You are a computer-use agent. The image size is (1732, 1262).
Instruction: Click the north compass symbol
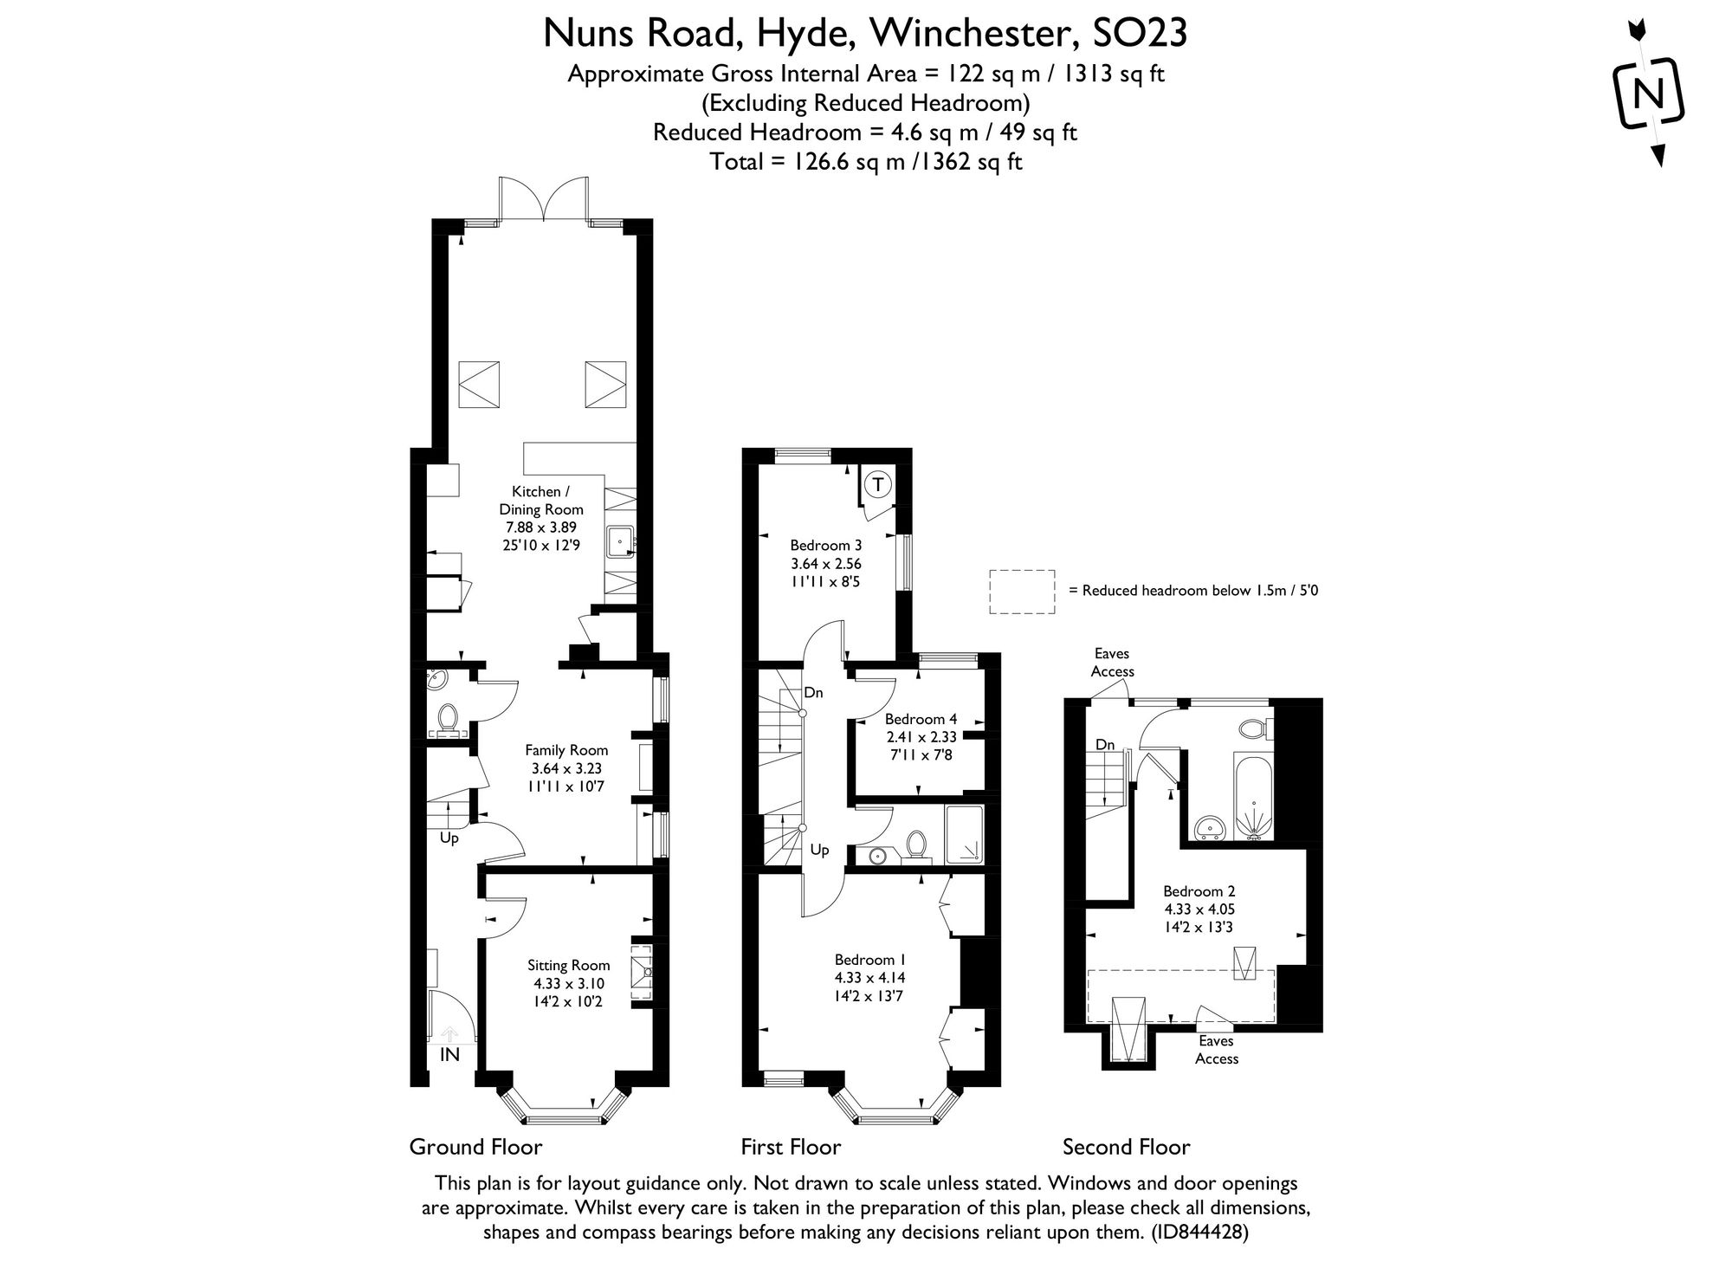click(x=1649, y=93)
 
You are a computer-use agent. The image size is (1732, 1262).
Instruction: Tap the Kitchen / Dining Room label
click(x=541, y=518)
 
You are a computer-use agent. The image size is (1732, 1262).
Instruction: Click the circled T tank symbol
click(x=878, y=484)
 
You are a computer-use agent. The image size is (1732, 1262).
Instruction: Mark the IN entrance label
click(x=449, y=1055)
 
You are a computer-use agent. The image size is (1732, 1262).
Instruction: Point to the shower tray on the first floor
click(x=965, y=834)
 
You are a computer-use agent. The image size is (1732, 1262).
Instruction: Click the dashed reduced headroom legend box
click(x=1022, y=592)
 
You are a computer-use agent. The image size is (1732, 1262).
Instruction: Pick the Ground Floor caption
click(x=475, y=1147)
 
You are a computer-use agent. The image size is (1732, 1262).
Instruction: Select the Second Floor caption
click(x=1126, y=1147)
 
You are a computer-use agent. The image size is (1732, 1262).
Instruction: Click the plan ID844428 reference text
click(x=1199, y=1232)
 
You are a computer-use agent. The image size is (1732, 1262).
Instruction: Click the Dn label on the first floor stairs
click(x=813, y=692)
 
